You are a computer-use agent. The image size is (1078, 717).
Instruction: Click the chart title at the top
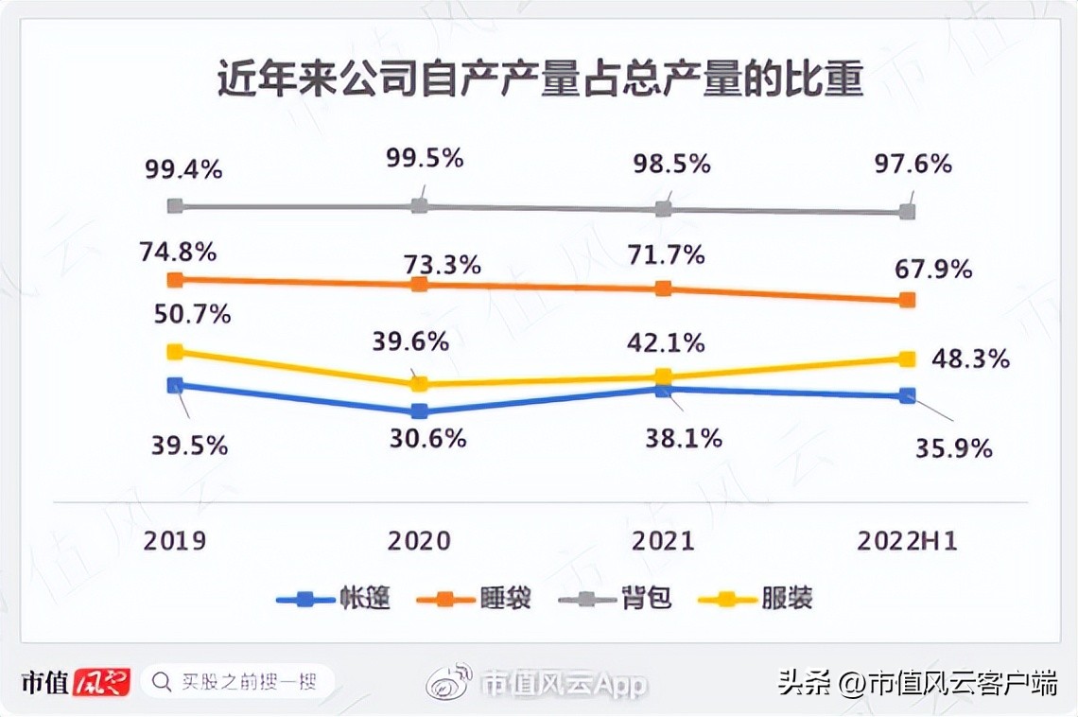pyautogui.click(x=540, y=79)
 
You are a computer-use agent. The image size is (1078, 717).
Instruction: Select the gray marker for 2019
pyautogui.click(x=174, y=205)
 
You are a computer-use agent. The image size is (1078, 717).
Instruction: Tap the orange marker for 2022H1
pyautogui.click(x=907, y=300)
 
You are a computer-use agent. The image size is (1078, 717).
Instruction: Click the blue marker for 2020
pyautogui.click(x=419, y=411)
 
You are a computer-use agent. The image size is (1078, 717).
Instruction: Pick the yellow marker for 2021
pyautogui.click(x=664, y=376)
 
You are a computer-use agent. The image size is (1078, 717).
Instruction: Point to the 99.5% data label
pyautogui.click(x=425, y=158)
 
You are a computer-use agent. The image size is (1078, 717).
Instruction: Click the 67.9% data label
pyautogui.click(x=932, y=270)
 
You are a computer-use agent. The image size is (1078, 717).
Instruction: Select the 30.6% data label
pyautogui.click(x=427, y=439)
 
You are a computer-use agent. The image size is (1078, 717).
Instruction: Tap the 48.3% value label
pyautogui.click(x=970, y=359)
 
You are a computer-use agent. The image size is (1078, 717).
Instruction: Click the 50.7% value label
pyautogui.click(x=192, y=313)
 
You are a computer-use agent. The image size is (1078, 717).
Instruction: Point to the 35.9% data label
pyautogui.click(x=953, y=448)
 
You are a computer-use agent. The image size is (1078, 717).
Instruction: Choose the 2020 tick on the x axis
pyautogui.click(x=419, y=540)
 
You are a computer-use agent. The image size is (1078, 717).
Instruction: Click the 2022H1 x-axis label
pyautogui.click(x=907, y=540)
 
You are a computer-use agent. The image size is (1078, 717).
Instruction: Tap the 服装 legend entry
pyautogui.click(x=786, y=598)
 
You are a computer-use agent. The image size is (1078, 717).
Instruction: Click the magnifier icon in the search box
pyautogui.click(x=162, y=680)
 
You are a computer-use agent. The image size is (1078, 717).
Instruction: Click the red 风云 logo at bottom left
pyautogui.click(x=101, y=681)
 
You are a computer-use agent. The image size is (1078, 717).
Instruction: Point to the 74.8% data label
pyautogui.click(x=178, y=253)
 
